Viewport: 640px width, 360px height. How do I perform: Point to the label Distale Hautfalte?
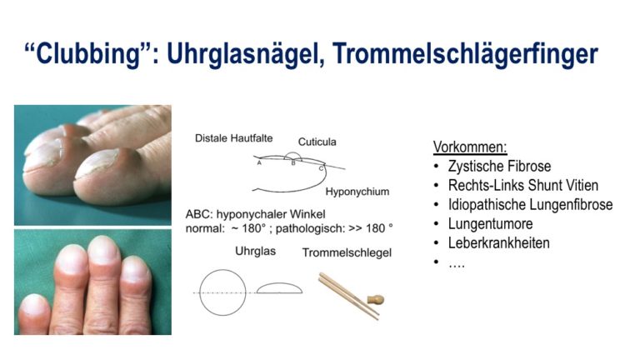pos(234,138)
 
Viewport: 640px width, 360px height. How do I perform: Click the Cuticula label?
pos(317,142)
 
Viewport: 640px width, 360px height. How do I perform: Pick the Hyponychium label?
pos(357,192)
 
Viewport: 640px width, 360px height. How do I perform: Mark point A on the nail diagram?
pos(259,162)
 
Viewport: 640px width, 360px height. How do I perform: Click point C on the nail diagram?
pos(321,167)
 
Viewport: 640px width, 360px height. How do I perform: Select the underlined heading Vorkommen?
pos(470,147)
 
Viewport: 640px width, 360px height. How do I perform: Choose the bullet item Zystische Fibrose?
pos(499,166)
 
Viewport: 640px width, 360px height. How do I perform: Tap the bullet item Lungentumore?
pos(490,223)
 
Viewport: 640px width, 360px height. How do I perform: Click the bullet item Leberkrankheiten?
pos(499,242)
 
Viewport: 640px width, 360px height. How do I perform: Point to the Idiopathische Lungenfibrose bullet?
pos(530,204)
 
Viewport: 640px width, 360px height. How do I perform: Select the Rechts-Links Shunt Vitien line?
pos(523,185)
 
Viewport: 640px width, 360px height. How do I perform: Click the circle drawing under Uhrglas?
pos(200,292)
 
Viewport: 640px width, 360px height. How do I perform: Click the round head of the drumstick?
pos(376,300)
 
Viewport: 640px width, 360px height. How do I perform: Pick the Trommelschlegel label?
pos(347,252)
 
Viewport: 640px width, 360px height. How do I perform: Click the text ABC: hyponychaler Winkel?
pos(256,214)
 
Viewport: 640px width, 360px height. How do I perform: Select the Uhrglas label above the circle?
pos(256,251)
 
